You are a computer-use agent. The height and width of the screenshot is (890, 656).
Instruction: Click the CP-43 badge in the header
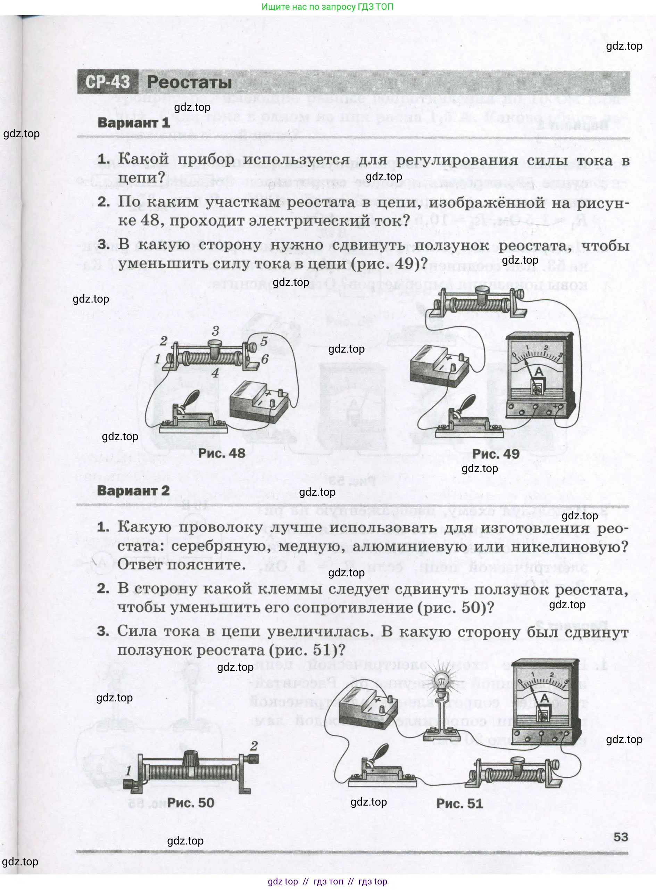pyautogui.click(x=108, y=82)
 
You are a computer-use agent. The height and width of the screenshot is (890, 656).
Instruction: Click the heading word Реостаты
pyautogui.click(x=189, y=82)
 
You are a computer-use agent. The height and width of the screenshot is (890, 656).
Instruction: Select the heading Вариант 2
pyautogui.click(x=133, y=491)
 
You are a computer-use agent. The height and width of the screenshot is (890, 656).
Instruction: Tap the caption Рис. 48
pyautogui.click(x=222, y=453)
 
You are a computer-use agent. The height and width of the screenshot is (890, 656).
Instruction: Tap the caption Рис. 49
pyautogui.click(x=496, y=454)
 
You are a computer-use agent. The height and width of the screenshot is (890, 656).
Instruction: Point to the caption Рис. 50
pyautogui.click(x=191, y=802)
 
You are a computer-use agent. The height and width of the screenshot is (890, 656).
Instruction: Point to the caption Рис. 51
pyautogui.click(x=459, y=804)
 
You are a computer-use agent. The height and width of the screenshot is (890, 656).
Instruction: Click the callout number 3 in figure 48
pyautogui.click(x=216, y=330)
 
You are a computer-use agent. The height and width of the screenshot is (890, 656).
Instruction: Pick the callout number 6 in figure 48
pyautogui.click(x=265, y=359)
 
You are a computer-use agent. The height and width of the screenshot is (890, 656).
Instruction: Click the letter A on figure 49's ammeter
pyautogui.click(x=539, y=372)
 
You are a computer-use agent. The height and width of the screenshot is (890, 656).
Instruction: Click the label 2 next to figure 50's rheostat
pyautogui.click(x=254, y=745)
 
